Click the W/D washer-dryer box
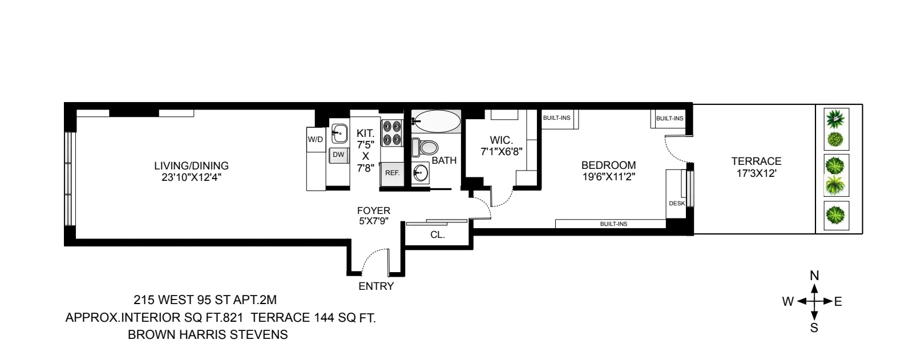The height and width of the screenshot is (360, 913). pyautogui.click(x=315, y=140)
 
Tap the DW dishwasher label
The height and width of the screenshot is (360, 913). pyautogui.click(x=338, y=155)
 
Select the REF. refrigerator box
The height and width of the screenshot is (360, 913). pyautogui.click(x=391, y=173)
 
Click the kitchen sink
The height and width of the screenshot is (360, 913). pyautogui.click(x=340, y=134)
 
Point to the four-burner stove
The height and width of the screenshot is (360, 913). pyautogui.click(x=391, y=132)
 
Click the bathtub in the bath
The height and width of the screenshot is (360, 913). pyautogui.click(x=437, y=121)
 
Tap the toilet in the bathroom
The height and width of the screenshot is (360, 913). pyautogui.click(x=423, y=148)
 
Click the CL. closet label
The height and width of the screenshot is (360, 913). pyautogui.click(x=437, y=234)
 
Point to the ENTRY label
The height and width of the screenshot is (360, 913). pyautogui.click(x=376, y=286)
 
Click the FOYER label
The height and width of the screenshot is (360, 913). pyautogui.click(x=374, y=211)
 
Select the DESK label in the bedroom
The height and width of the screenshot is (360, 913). pyautogui.click(x=677, y=204)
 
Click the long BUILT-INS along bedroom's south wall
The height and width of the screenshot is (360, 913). pyautogui.click(x=613, y=224)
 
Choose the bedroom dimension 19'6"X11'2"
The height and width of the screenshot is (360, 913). pyautogui.click(x=608, y=177)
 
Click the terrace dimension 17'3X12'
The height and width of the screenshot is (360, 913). pyautogui.click(x=756, y=173)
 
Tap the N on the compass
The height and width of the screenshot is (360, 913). pyautogui.click(x=814, y=276)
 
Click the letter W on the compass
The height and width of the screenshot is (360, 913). pyautogui.click(x=788, y=302)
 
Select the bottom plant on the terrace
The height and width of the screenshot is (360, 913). pyautogui.click(x=837, y=216)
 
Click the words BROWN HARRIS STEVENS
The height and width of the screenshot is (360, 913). pyautogui.click(x=208, y=335)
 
